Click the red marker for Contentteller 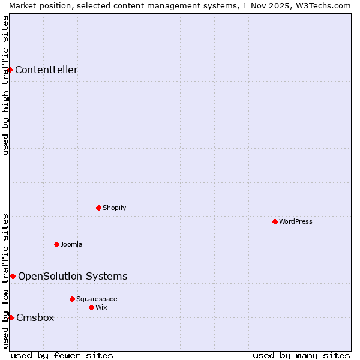coord(10,70)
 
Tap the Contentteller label coord(46,70)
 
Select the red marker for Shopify coord(99,208)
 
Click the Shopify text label coord(114,208)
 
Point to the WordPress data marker coord(275,221)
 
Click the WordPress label coord(295,221)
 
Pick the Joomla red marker coord(57,244)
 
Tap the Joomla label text coord(71,244)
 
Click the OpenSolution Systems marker coord(13,276)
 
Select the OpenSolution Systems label coord(73,276)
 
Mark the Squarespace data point coord(73,299)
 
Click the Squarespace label coord(97,299)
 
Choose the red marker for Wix coord(92,307)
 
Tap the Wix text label coord(101,307)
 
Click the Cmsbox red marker coord(11,317)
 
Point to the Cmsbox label coord(35,317)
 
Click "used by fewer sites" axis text coord(62,355)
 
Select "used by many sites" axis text coord(301,355)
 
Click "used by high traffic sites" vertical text coord(5,85)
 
